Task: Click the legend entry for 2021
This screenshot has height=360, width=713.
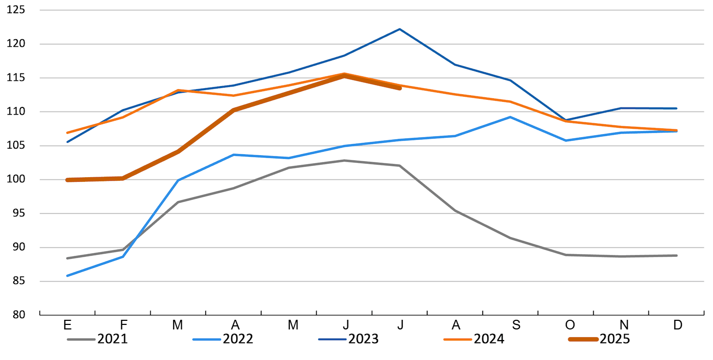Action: tap(97, 339)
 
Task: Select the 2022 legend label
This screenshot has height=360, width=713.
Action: tap(223, 339)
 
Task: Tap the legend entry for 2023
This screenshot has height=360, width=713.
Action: tap(348, 339)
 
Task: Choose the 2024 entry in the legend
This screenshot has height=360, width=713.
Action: tap(474, 339)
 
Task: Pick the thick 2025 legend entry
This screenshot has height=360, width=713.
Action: tap(599, 339)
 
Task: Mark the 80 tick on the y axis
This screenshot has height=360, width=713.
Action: tap(19, 315)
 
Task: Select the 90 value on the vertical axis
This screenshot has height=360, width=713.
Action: tap(19, 247)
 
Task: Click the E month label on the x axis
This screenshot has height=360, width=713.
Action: tap(67, 325)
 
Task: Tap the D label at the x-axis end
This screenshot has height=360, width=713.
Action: tap(677, 325)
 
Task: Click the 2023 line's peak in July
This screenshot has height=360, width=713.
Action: tap(400, 29)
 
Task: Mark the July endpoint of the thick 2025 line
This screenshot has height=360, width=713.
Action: tap(400, 88)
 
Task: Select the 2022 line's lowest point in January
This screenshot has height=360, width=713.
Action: tap(67, 276)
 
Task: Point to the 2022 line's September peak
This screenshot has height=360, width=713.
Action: tap(511, 117)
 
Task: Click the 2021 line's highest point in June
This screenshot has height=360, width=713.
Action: tap(344, 160)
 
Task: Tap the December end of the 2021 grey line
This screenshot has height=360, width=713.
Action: tap(676, 256)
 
